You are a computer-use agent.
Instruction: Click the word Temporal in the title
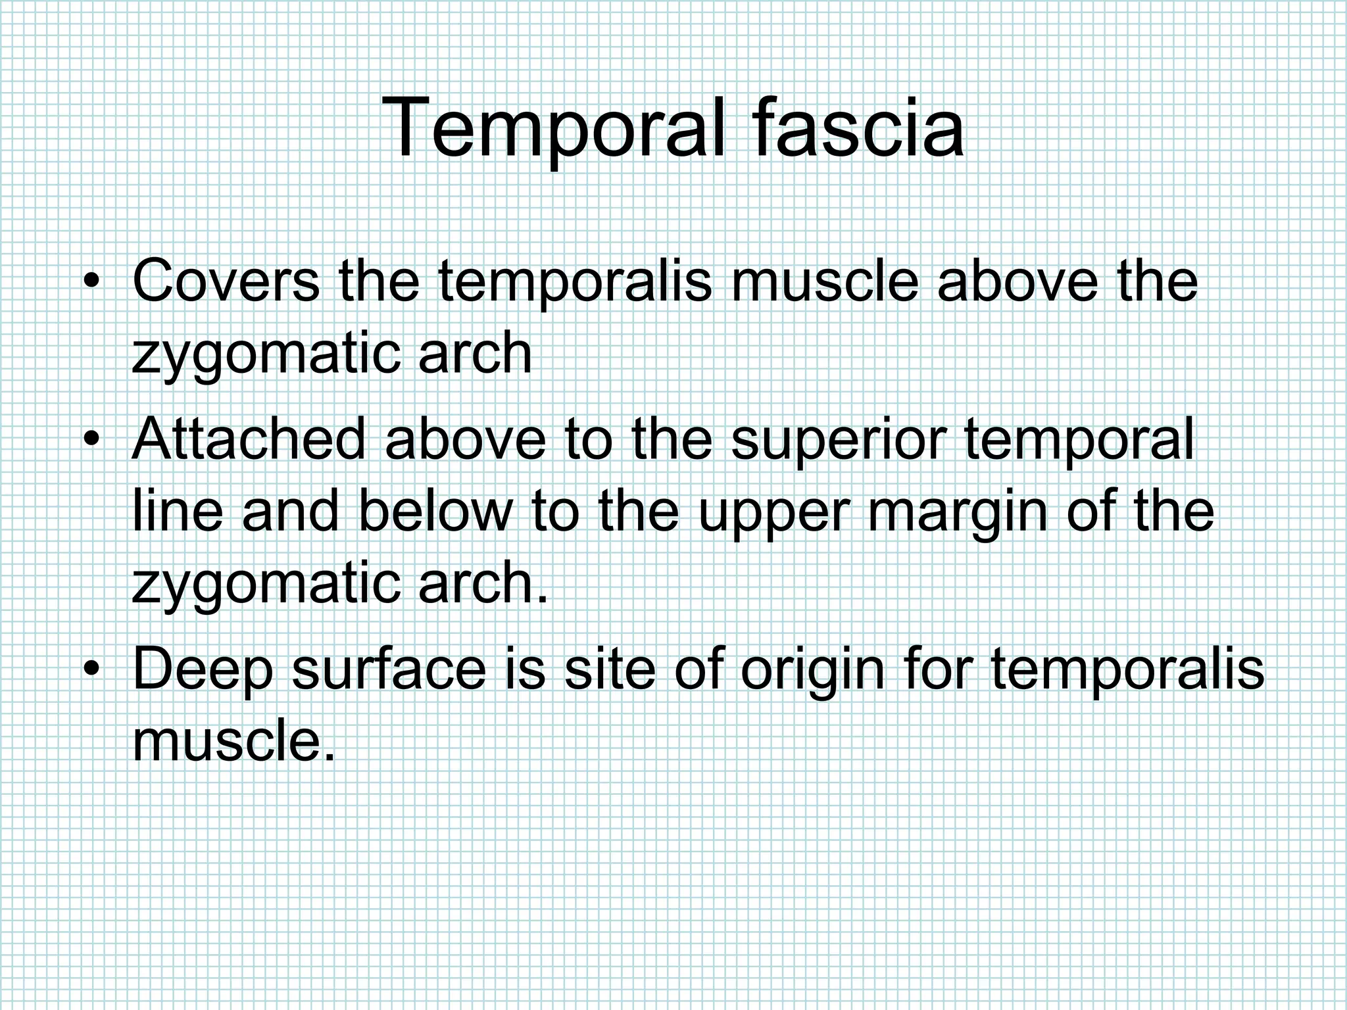[554, 128]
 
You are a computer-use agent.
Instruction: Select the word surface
[389, 669]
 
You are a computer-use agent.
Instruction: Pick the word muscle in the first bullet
[824, 281]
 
